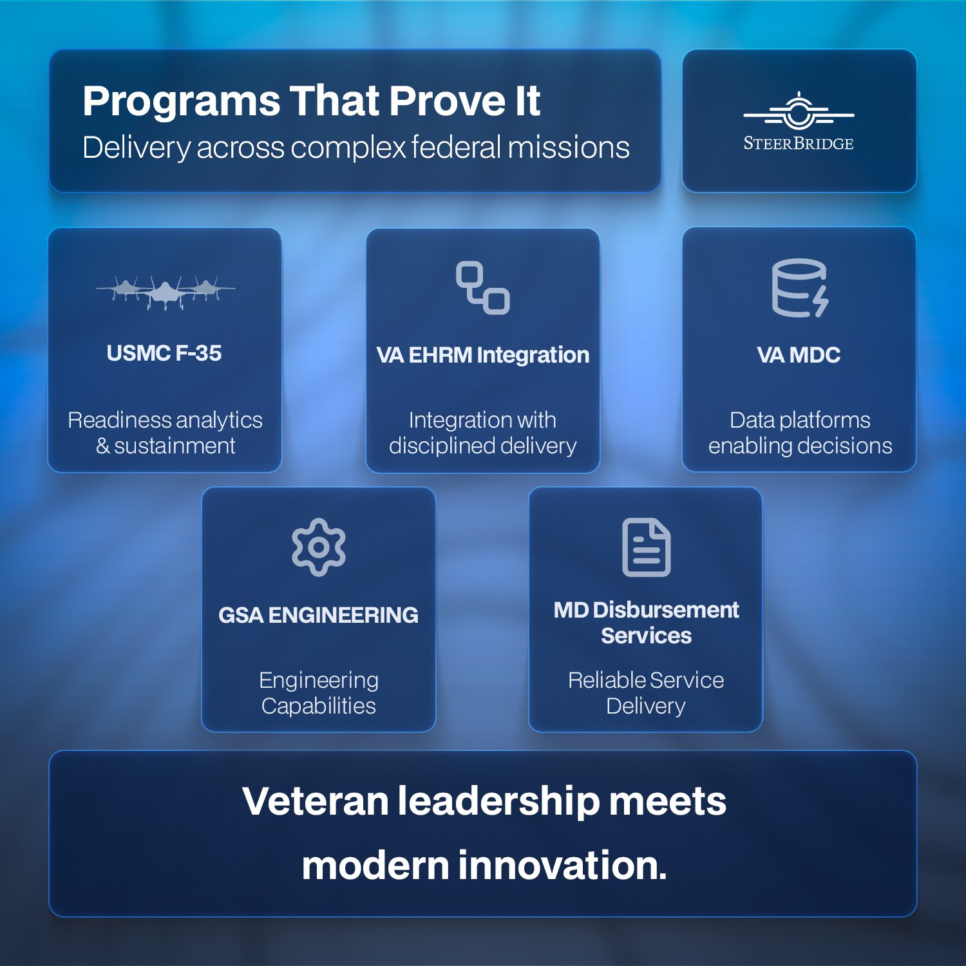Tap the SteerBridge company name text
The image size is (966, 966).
799,144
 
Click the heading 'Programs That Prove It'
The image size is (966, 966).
311,101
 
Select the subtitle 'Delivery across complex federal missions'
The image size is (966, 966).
355,147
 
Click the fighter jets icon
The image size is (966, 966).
166,292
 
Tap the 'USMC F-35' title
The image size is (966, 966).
164,353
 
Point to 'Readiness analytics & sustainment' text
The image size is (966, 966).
166,433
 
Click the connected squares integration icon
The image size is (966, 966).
483,288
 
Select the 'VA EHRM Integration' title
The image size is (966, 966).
483,355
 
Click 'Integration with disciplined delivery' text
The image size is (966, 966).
483,433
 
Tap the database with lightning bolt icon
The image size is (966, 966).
800,288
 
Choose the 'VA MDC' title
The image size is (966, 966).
799,355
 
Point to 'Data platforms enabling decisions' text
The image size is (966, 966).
800,433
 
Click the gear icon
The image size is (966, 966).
319,547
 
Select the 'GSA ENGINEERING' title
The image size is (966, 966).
319,615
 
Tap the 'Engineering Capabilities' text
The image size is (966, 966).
319,693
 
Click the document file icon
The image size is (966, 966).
646,547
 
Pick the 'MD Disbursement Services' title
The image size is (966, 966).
646,623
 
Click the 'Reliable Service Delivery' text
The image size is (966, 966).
646,693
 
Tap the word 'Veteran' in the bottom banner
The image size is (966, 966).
316,801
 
